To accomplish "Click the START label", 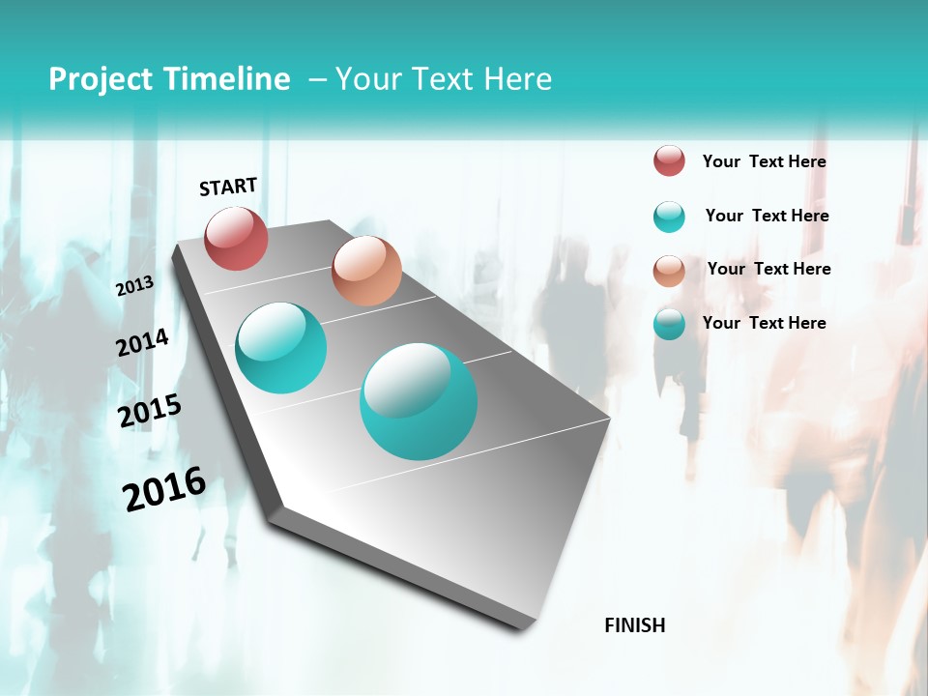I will click(228, 187).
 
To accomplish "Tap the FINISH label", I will click(635, 625).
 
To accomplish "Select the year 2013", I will click(134, 285).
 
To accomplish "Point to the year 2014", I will click(142, 342).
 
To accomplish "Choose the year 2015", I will click(150, 411).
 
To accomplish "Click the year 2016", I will click(164, 488).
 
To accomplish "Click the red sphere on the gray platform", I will click(236, 238).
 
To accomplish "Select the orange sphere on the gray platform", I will click(366, 271).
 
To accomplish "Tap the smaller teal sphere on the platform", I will click(281, 348).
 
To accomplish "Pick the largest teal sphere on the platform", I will click(419, 401).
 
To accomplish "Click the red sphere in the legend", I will click(669, 160).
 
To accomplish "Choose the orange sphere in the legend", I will click(669, 271).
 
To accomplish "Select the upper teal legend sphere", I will click(669, 217).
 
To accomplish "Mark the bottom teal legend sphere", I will click(669, 324).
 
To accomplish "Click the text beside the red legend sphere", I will click(764, 161).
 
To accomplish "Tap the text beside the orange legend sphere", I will click(768, 269).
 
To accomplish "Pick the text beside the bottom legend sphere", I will click(764, 323).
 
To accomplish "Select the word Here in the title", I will click(516, 78).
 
